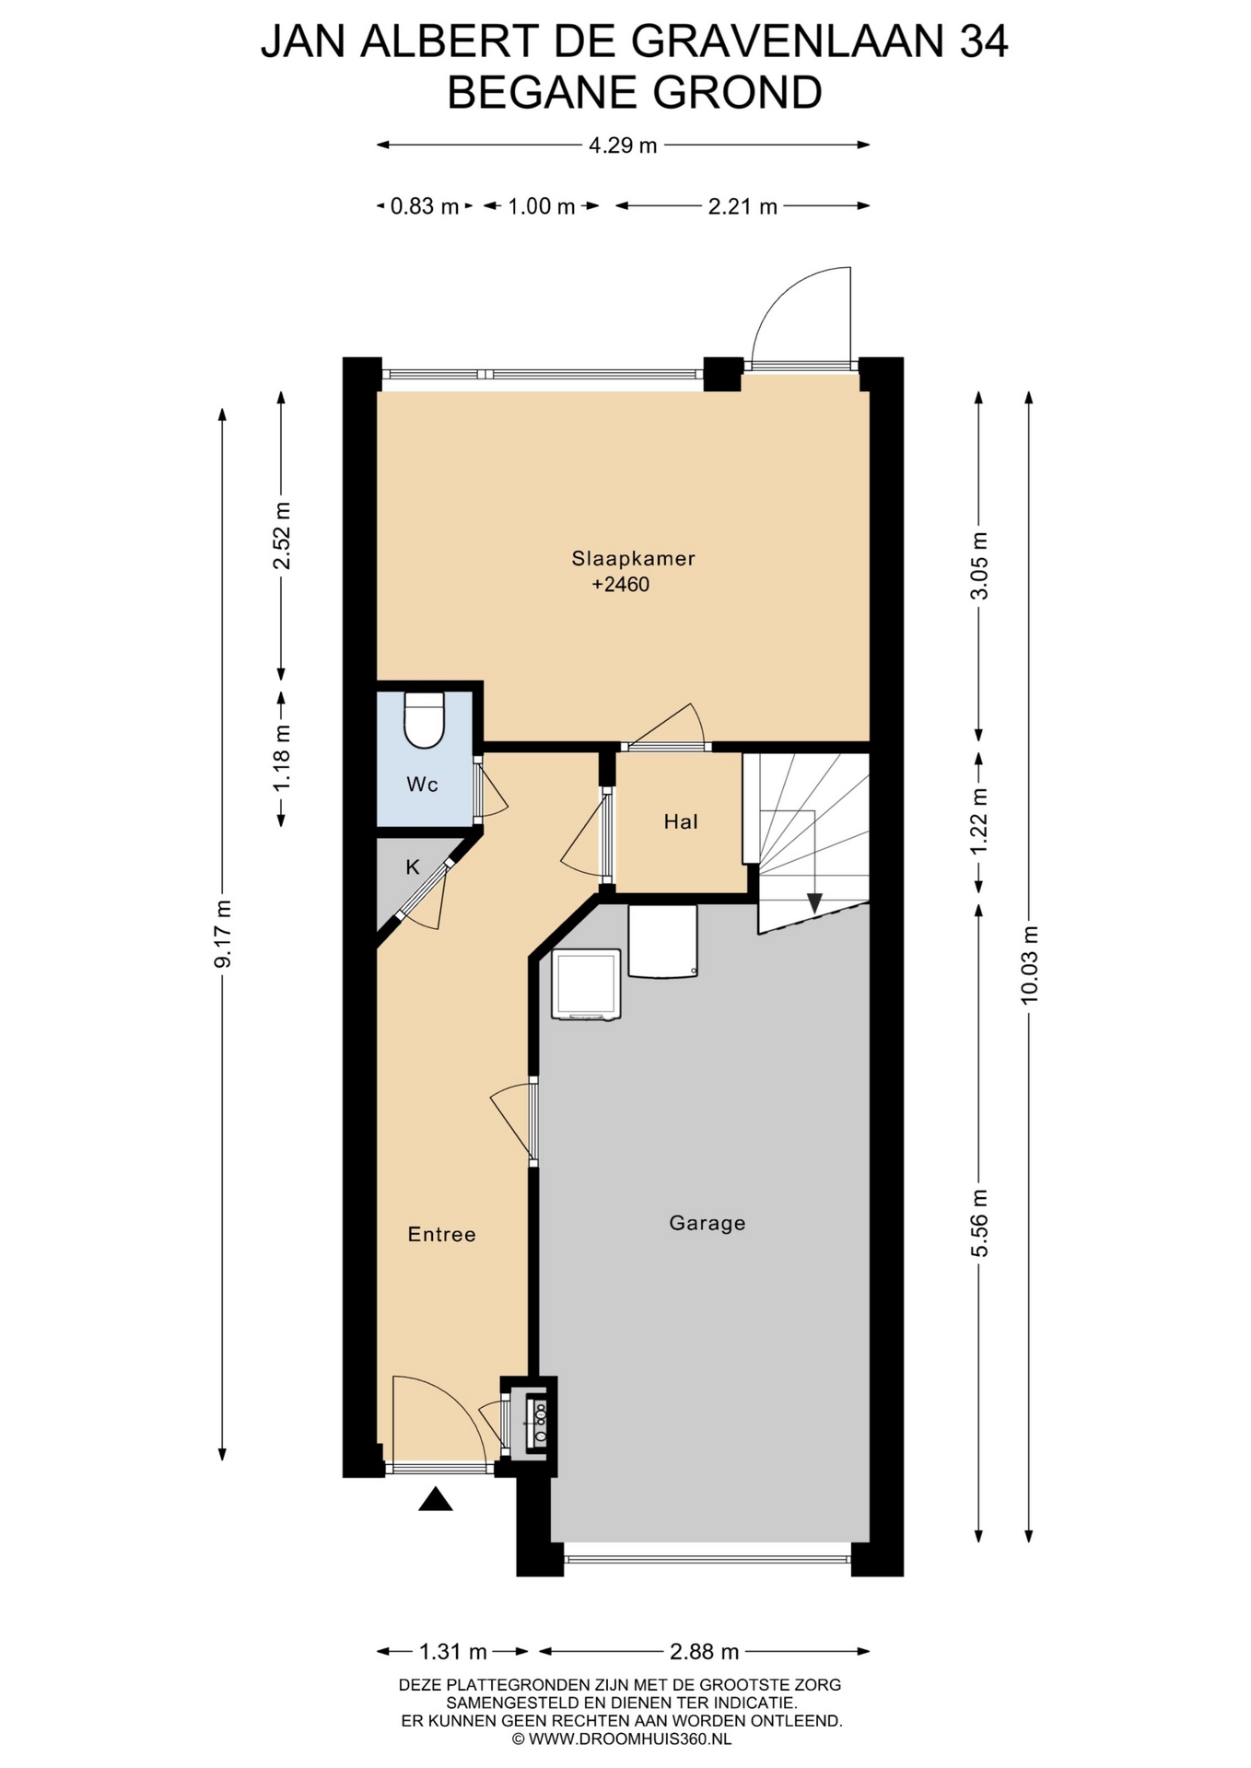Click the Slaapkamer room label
tap(633, 558)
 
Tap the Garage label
tap(707, 1223)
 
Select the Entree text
tap(441, 1234)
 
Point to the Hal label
tap(681, 821)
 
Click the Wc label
tap(422, 785)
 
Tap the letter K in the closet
tap(413, 867)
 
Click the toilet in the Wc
tap(425, 720)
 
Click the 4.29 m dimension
tap(623, 145)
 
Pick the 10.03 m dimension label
tap(1029, 964)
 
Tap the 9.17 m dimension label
tap(222, 934)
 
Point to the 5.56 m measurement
tap(979, 1223)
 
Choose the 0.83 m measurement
tap(425, 206)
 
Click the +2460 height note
tap(621, 584)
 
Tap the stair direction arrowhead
tap(814, 902)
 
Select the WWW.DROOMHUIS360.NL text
tap(630, 1739)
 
